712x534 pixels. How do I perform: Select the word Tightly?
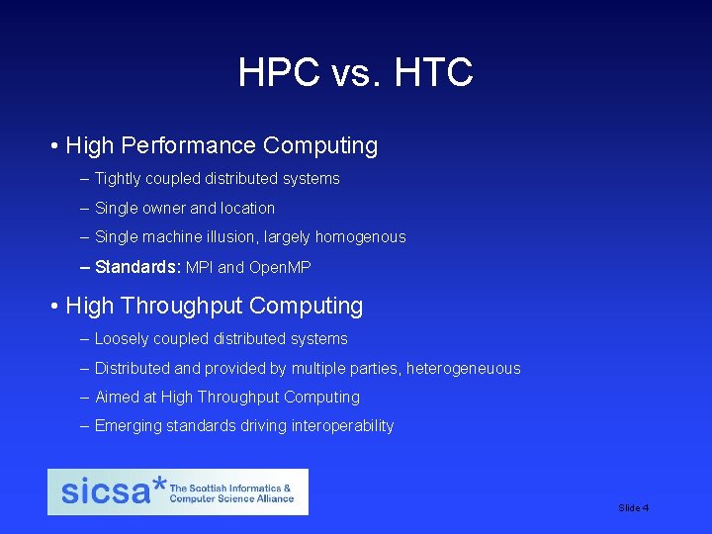click(118, 179)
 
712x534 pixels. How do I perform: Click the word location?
click(247, 209)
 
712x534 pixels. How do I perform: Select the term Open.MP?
click(280, 267)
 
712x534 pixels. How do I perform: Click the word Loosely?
click(122, 339)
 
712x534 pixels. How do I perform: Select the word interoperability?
click(344, 426)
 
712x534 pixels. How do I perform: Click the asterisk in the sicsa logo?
click(159, 486)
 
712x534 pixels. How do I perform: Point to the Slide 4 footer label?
click(633, 507)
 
